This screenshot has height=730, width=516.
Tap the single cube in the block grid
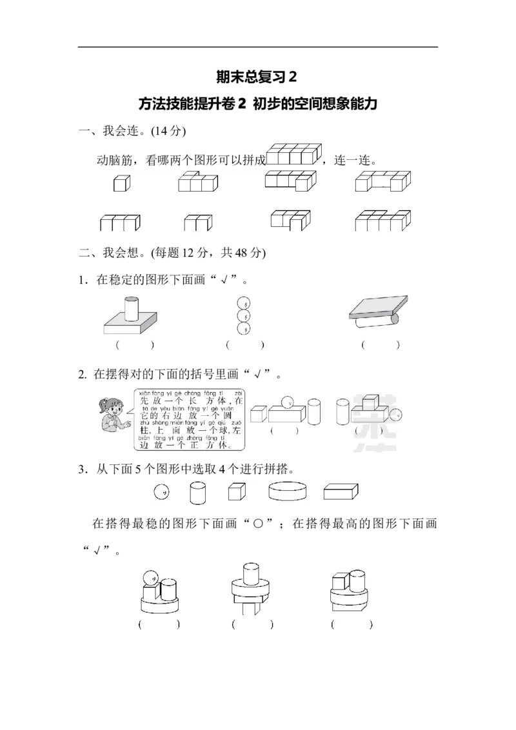click(121, 184)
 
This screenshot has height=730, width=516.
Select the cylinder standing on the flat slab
click(132, 308)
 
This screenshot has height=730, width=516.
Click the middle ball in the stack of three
click(244, 316)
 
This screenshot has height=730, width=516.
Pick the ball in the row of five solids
click(161, 493)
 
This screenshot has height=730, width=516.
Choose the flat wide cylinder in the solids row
click(286, 492)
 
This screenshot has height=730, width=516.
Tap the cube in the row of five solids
click(237, 493)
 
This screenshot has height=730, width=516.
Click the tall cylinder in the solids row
click(197, 493)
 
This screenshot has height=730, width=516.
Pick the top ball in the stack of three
click(244, 302)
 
